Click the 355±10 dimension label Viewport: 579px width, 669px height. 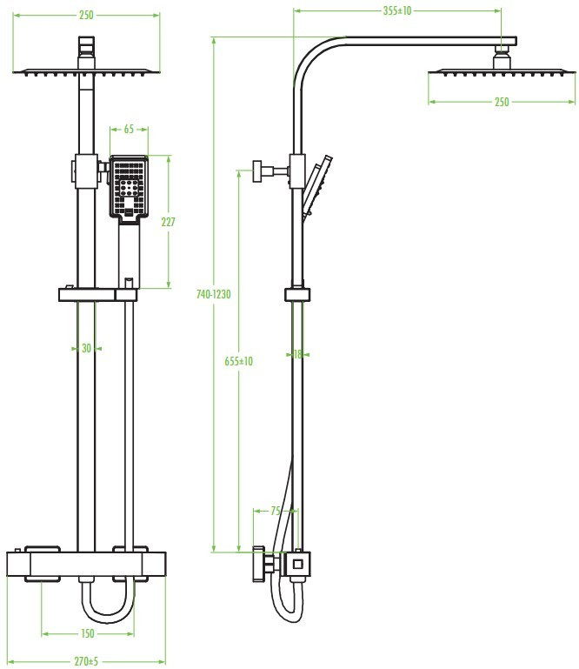point(397,10)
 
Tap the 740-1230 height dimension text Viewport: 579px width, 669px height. point(213,294)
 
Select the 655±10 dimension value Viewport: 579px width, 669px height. point(238,361)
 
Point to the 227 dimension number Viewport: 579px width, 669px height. point(168,222)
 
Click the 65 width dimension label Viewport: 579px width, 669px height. point(129,129)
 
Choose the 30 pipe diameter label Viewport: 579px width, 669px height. point(87,348)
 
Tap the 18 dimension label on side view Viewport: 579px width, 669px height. point(297,354)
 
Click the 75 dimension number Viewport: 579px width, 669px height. point(276,511)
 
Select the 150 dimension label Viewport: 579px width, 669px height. point(88,633)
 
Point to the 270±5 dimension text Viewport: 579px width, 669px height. point(86,661)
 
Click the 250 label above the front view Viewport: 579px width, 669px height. point(86,15)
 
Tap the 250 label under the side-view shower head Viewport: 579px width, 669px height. point(502,102)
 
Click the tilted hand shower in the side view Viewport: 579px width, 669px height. point(316,187)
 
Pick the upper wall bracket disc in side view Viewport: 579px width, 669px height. point(257,171)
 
